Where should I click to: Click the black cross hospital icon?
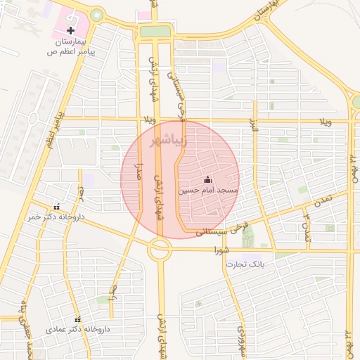click(71, 31)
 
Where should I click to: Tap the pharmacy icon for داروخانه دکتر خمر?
click(57, 207)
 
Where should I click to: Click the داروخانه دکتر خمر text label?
click(56, 217)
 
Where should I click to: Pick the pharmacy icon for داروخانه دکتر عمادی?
click(77, 320)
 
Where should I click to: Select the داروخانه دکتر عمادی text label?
click(78, 329)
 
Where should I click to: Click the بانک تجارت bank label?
click(243, 264)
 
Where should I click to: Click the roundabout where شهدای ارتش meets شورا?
click(160, 248)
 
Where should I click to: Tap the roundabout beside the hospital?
click(96, 15)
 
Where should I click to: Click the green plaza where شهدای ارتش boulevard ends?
click(155, 31)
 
